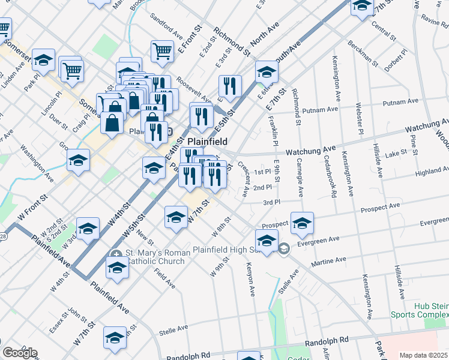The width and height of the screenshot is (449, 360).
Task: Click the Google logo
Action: [20, 353]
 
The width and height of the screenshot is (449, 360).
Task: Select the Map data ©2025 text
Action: [423, 355]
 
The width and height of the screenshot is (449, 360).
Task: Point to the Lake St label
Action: [396, 154]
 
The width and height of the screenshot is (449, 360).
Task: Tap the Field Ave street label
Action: [161, 277]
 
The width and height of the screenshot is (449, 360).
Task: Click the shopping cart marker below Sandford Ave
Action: [162, 52]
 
